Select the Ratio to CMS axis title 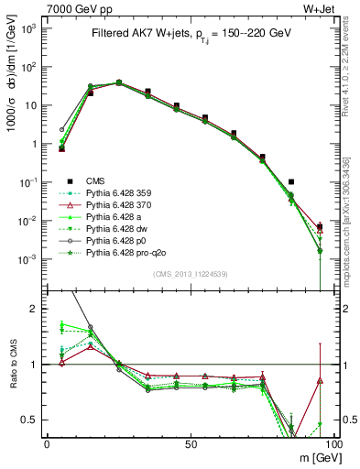click(x=12, y=365)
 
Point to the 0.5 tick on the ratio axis click(x=34, y=420)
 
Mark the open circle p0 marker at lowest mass click(x=62, y=130)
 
